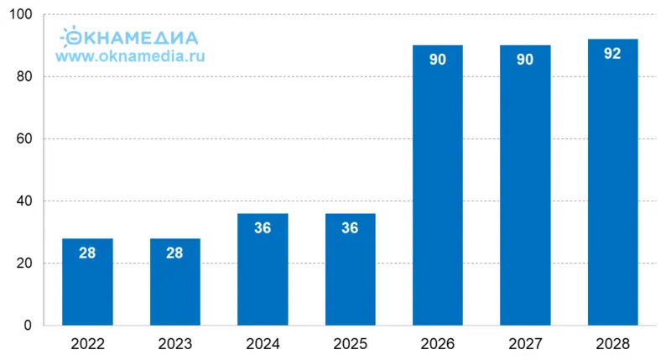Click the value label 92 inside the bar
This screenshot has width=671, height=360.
[x=612, y=54]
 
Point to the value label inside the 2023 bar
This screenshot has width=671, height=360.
[x=174, y=253]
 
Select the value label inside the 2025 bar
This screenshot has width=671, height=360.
[x=350, y=227]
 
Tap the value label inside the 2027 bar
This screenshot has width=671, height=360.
[x=525, y=60]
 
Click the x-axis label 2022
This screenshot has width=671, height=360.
[x=87, y=343]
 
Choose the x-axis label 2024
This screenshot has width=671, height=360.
[x=263, y=343]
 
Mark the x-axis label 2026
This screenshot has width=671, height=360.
[x=438, y=343]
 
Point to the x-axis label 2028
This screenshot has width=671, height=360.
[x=612, y=343]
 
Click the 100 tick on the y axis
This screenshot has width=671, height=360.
[x=19, y=15]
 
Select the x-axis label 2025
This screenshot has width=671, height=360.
[x=350, y=343]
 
